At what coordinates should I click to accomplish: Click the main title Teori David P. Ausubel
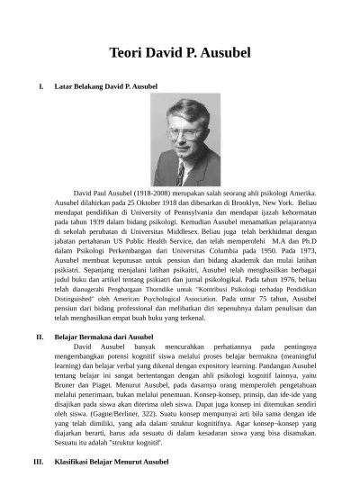tap(180, 52)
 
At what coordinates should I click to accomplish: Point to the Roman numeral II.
tap(39, 336)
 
